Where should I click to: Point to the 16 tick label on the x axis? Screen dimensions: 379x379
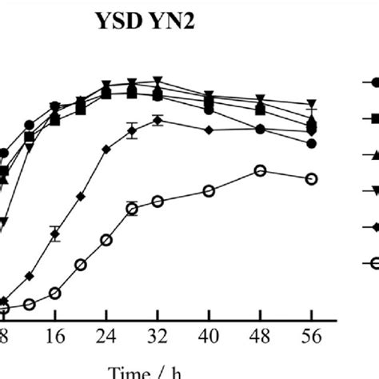pos(54,336)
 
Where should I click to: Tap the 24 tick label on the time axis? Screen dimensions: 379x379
pos(106,336)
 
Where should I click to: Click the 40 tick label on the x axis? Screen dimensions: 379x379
pos(209,336)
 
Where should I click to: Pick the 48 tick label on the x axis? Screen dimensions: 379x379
pos(260,336)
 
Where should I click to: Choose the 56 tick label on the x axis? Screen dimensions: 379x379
pos(312,336)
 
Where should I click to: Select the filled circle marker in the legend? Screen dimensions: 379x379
pos(372,82)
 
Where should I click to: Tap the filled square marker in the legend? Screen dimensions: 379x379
pos(373,118)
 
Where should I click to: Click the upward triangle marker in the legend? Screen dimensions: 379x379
pos(373,154)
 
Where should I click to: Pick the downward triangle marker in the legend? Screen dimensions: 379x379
pos(373,189)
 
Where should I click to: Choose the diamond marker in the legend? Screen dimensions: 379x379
pos(373,225)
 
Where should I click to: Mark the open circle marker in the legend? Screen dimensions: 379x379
pos(373,261)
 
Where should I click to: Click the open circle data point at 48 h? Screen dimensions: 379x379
pos(260,171)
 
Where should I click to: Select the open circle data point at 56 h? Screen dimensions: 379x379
pos(312,178)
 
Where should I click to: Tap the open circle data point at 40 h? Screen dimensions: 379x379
pos(209,191)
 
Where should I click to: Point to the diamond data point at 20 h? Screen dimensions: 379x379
pos(80,196)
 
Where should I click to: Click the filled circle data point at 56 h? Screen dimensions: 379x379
pos(312,143)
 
